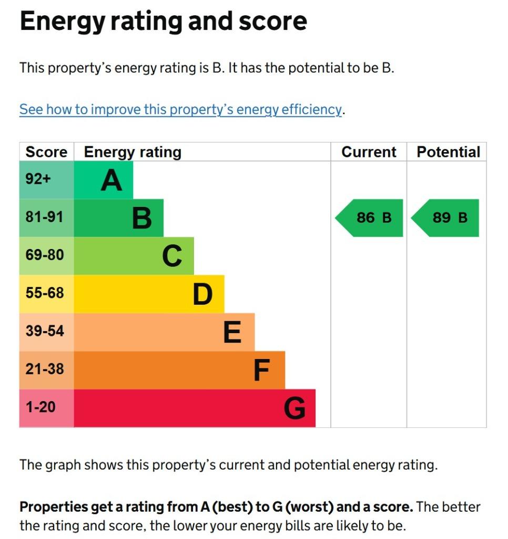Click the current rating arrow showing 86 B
click(370, 217)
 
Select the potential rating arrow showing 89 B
click(445, 217)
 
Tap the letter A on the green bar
click(111, 180)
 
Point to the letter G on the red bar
click(294, 408)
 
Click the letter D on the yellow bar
click(202, 294)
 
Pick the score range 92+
click(38, 179)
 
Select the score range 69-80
click(45, 255)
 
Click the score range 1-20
click(40, 407)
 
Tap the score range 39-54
click(45, 331)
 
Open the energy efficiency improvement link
click(181, 109)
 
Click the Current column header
click(369, 152)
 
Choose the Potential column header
click(448, 152)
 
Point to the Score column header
click(46, 152)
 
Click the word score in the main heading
click(273, 21)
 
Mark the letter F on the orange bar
click(262, 370)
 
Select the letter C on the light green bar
click(172, 256)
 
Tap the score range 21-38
click(45, 369)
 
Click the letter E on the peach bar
click(232, 332)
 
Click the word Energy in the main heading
click(63, 21)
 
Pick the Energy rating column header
click(133, 152)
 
